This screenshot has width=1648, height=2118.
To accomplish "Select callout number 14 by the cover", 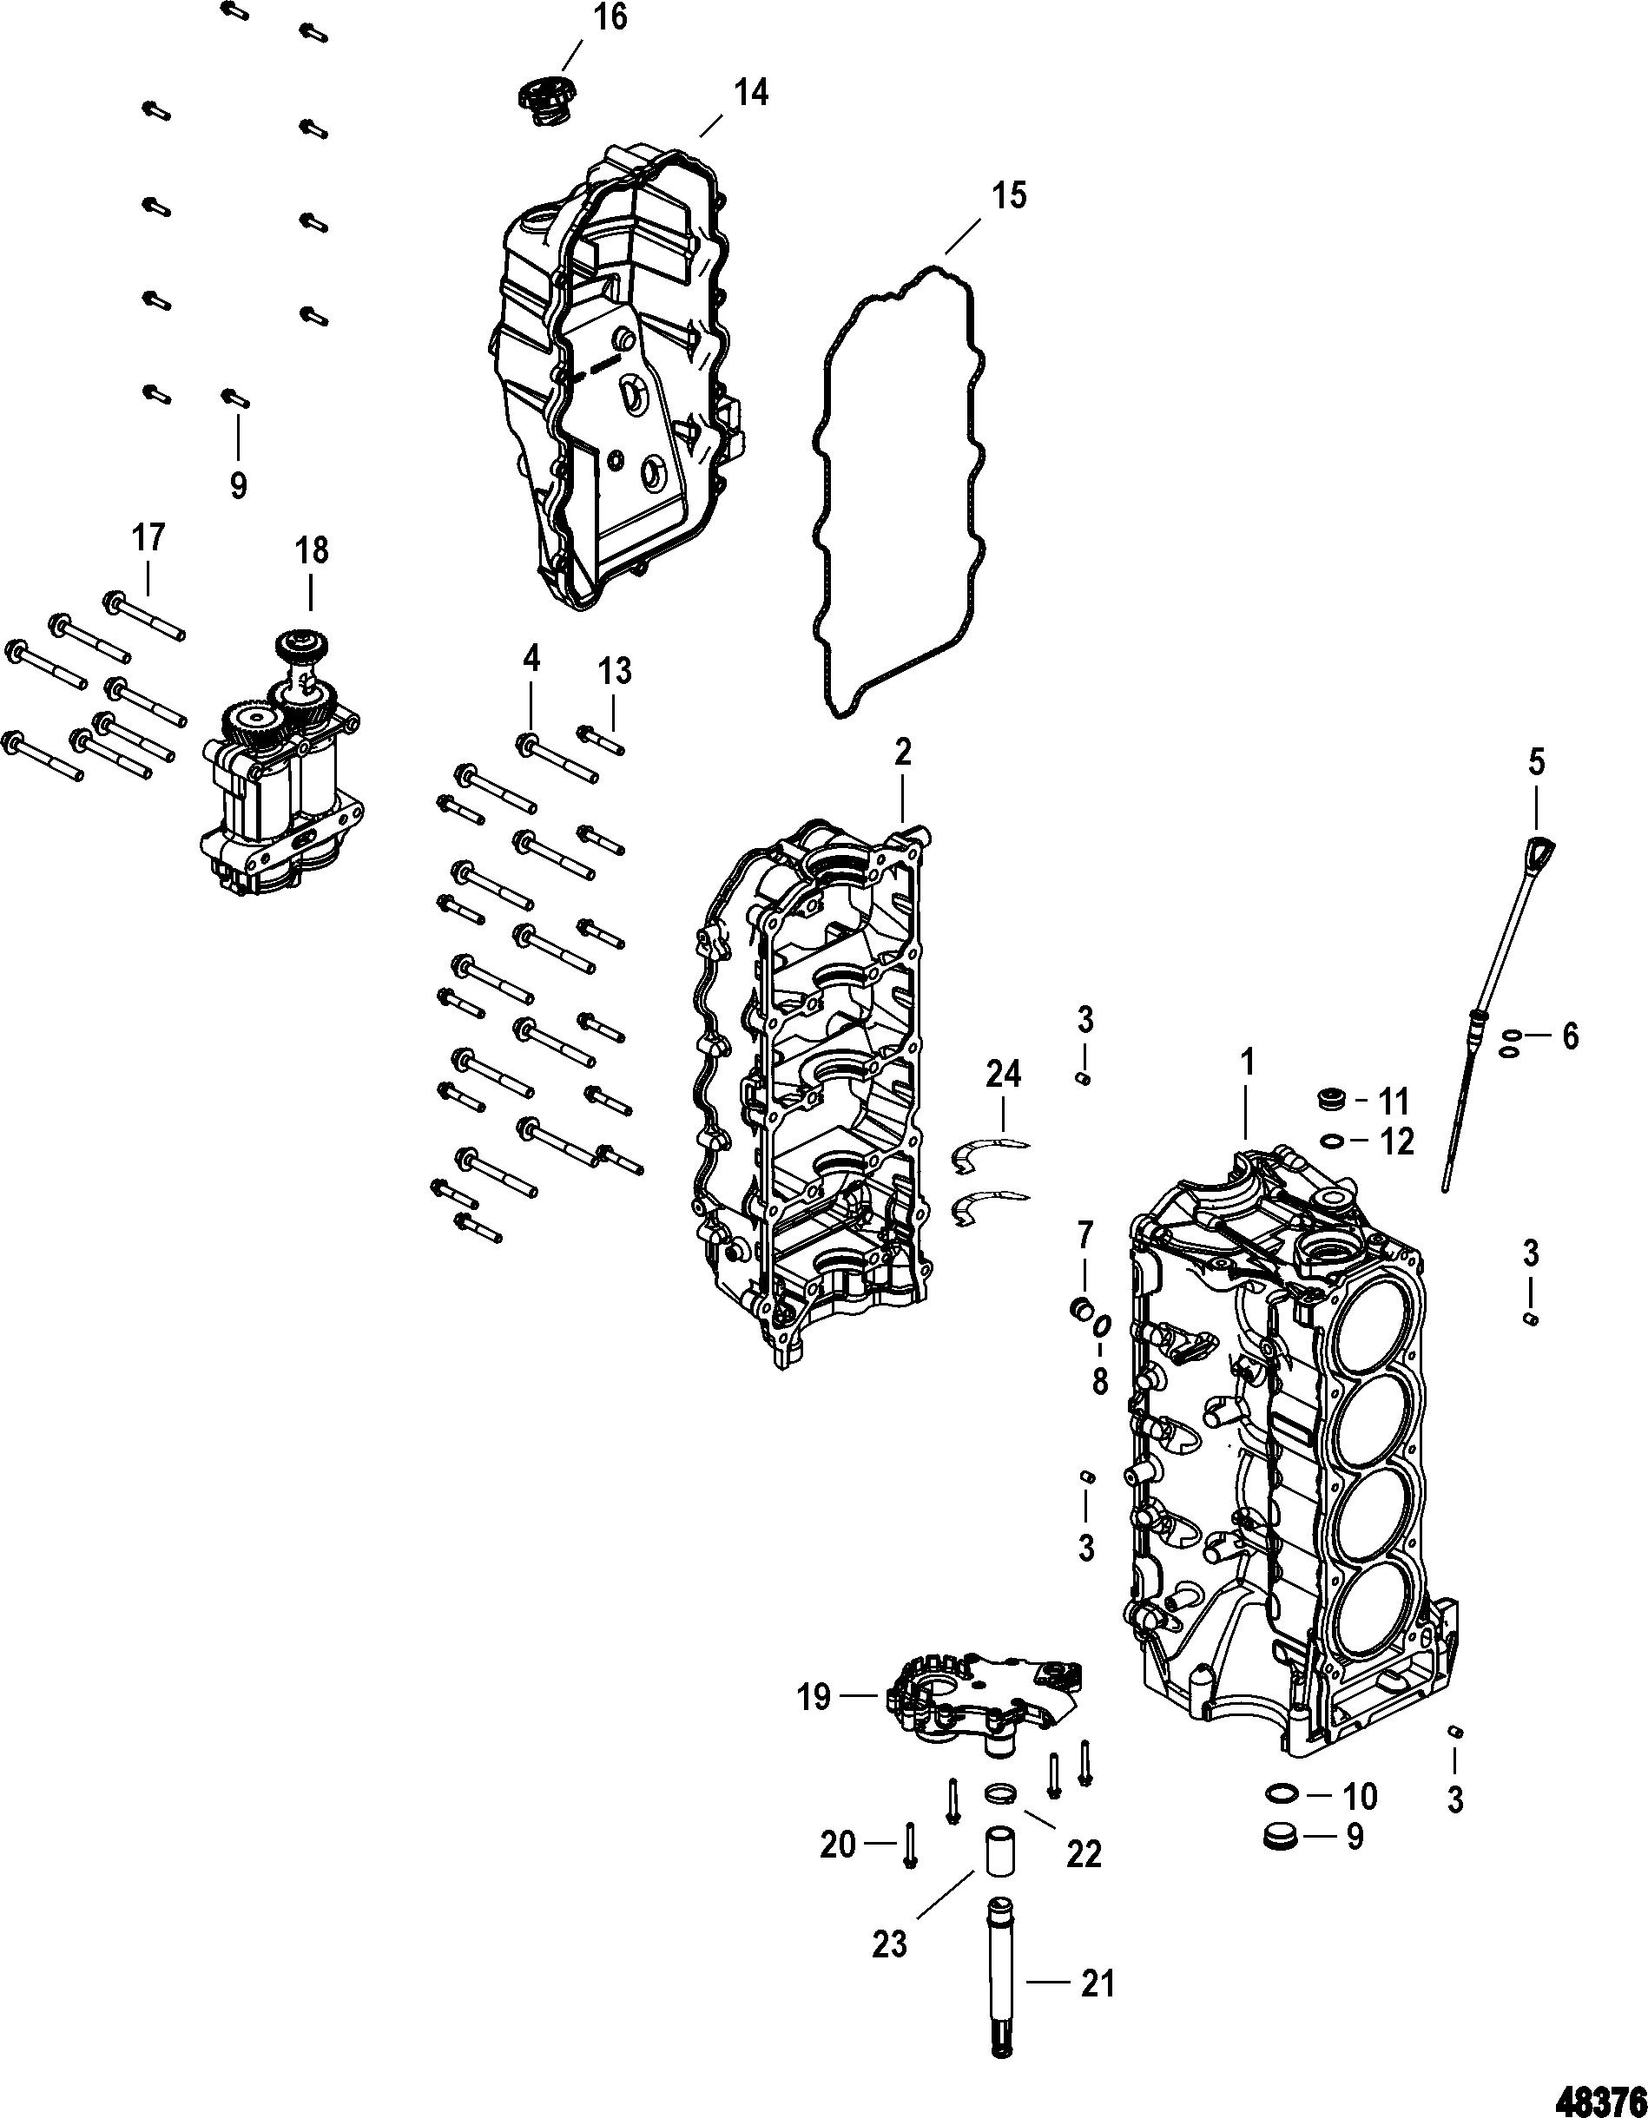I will (x=751, y=93).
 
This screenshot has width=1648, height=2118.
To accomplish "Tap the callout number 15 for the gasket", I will (x=1008, y=196).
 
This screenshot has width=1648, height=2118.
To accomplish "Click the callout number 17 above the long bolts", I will (x=148, y=537).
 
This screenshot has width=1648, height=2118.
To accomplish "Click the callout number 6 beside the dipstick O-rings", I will (x=1568, y=1036).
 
